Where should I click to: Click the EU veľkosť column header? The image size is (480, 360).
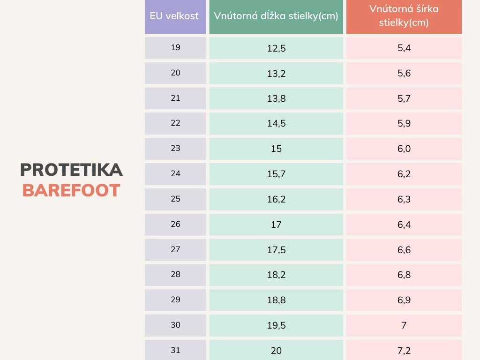point(175,16)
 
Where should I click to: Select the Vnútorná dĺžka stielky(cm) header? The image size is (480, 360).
point(276,16)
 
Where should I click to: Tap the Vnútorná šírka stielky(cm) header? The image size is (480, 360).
point(404,16)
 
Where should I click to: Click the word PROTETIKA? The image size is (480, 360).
point(71,170)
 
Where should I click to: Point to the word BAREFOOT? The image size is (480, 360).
point(71,191)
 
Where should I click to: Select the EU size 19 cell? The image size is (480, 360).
point(175,48)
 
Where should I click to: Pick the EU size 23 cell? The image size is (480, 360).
point(175,149)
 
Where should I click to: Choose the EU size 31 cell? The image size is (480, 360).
point(175,350)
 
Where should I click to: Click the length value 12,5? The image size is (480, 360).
point(276,48)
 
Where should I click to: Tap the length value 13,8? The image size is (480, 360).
point(276,98)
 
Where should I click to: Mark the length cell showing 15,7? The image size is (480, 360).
point(276,174)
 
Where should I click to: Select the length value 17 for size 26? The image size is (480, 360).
point(276,225)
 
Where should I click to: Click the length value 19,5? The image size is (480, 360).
point(276,325)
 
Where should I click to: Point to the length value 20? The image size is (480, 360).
point(276,350)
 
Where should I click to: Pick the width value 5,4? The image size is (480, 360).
point(404,48)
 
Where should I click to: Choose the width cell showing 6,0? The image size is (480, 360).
point(404,149)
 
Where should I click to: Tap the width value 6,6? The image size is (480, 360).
point(404,250)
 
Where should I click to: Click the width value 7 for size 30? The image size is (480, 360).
point(404,325)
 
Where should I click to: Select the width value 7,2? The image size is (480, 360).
point(404,350)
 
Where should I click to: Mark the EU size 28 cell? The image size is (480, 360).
point(175,275)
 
